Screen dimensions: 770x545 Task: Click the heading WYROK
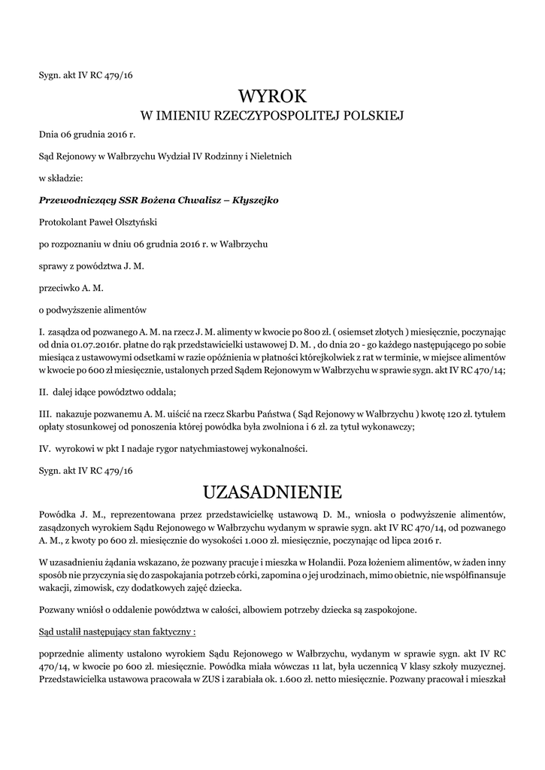point(272,95)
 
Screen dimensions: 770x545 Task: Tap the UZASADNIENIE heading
point(272,493)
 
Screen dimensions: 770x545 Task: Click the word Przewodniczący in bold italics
point(74,200)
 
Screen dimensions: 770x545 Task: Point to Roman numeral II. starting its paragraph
point(44,392)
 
